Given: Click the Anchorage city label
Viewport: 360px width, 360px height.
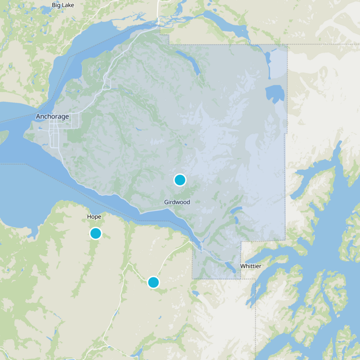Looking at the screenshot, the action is click(x=52, y=117).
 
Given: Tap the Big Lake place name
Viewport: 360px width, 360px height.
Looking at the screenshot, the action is click(x=62, y=5).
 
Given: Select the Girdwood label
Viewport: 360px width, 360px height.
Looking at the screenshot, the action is click(x=177, y=202).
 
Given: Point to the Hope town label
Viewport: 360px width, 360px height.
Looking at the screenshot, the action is click(x=94, y=216).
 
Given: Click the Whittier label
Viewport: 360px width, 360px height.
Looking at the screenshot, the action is click(x=251, y=266).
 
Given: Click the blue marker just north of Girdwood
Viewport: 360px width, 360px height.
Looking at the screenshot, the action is click(x=180, y=180).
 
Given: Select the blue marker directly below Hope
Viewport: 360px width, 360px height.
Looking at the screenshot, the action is click(x=95, y=233).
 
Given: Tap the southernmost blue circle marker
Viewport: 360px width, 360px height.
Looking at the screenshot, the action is click(x=153, y=282).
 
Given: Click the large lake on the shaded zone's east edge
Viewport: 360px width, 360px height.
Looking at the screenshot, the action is click(x=275, y=94).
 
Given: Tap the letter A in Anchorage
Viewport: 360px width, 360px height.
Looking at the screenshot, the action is click(x=38, y=117).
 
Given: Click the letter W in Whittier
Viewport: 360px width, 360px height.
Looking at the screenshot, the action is click(x=243, y=266).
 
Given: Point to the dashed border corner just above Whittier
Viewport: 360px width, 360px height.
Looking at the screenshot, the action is click(x=241, y=242).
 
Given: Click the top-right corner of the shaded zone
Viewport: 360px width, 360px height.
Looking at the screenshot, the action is click(x=287, y=45).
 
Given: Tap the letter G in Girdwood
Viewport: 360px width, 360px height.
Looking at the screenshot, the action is click(x=166, y=202).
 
